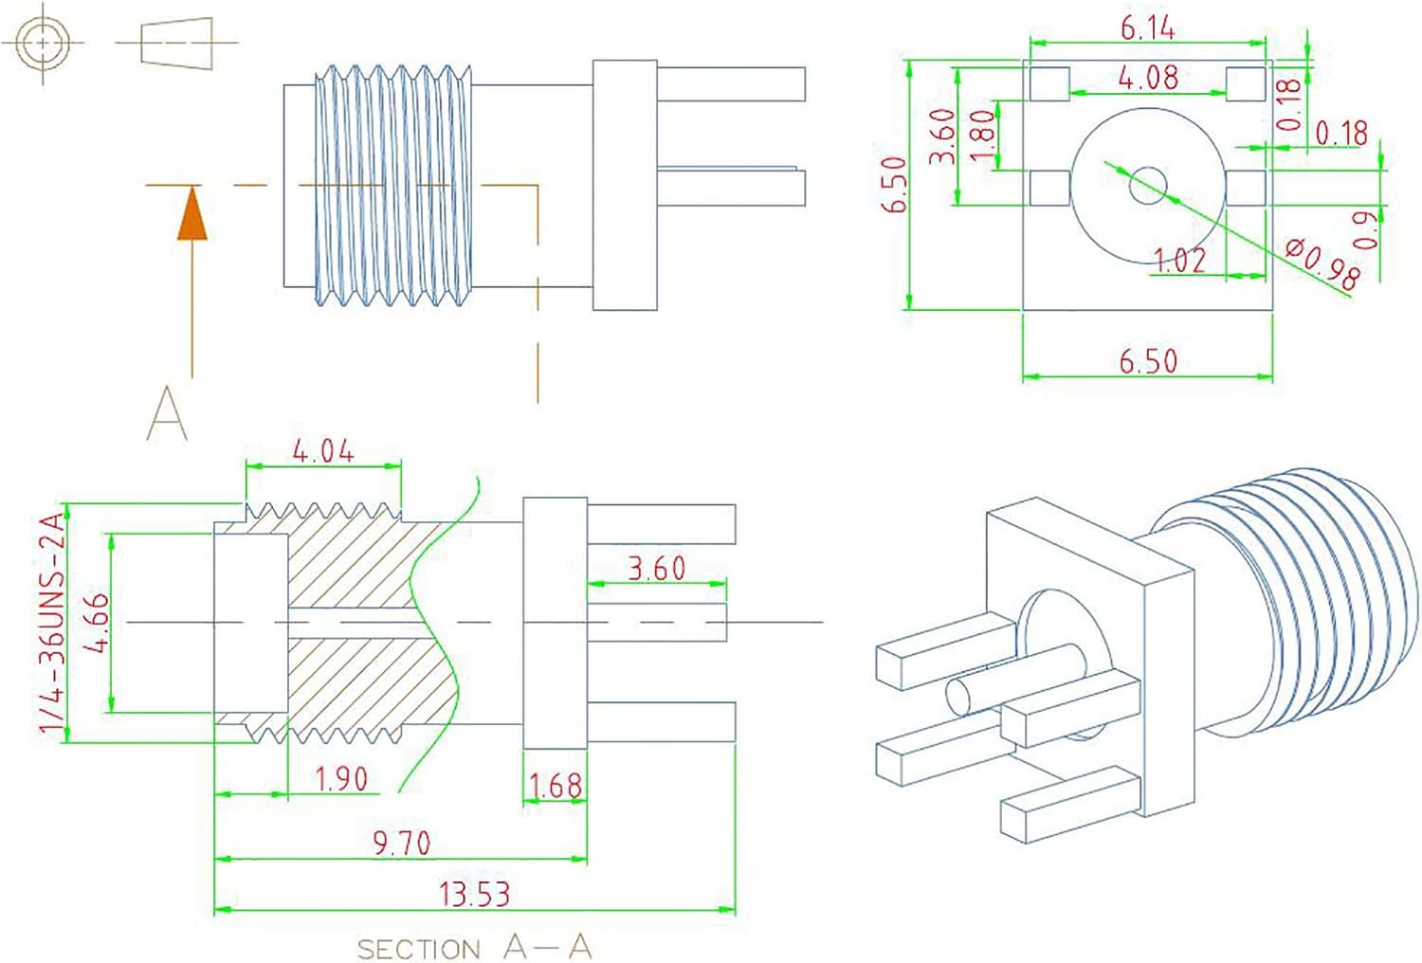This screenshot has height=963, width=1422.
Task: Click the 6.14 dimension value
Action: (1147, 28)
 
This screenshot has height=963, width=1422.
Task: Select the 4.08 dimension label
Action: (1148, 78)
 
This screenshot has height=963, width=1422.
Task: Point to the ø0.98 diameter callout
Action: (1323, 263)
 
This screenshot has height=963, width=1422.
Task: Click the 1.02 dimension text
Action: (1179, 259)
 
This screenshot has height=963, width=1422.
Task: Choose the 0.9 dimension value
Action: (1366, 229)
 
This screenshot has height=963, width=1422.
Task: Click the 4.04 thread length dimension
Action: (323, 451)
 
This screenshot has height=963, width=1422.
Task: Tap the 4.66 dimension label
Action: (97, 623)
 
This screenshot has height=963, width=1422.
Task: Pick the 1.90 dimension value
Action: (340, 778)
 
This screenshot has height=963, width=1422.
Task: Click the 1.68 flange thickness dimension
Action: (556, 786)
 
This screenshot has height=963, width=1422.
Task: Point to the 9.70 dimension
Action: (401, 843)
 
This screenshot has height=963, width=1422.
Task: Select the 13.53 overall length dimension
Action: (474, 894)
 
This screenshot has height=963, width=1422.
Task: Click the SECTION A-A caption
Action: (474, 947)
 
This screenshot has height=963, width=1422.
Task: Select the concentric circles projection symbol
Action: (43, 43)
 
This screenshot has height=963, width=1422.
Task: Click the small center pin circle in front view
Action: (1148, 185)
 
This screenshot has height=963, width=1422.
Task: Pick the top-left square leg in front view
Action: (1048, 83)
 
